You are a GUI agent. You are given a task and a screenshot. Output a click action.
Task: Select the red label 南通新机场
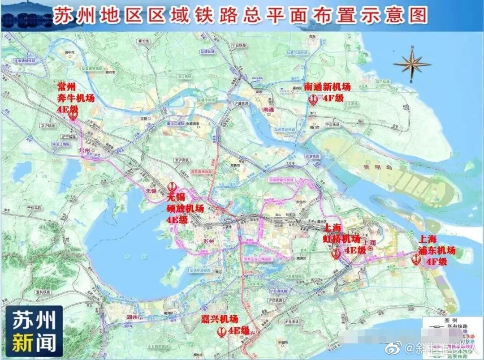[x=327, y=86]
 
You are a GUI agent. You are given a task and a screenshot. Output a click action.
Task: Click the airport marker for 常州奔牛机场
[x=73, y=115]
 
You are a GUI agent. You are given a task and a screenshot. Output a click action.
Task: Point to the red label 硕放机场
[x=185, y=208]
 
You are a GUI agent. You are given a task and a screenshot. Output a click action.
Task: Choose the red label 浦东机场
[x=436, y=250]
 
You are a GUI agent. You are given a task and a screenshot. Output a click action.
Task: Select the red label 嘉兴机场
[x=219, y=319]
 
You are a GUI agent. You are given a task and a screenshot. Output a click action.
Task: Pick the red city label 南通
[x=268, y=109]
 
